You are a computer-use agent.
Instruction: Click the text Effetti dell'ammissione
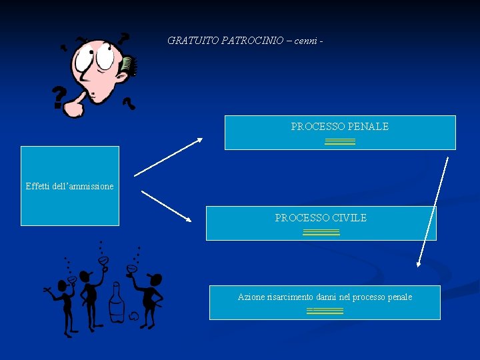[69, 186]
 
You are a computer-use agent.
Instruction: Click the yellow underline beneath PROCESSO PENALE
[340, 141]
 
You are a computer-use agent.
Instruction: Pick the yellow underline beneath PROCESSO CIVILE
[321, 232]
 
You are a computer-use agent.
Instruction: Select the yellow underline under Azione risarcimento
[325, 311]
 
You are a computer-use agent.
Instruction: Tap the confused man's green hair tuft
[129, 65]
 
